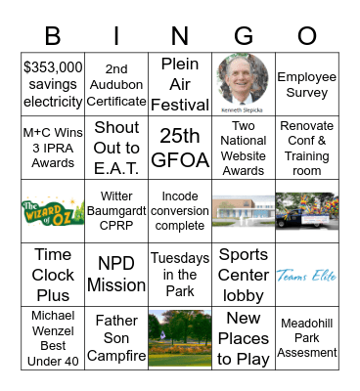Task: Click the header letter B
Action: pyautogui.click(x=53, y=35)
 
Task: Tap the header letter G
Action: pyautogui.click(x=243, y=35)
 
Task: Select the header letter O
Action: pyautogui.click(x=307, y=35)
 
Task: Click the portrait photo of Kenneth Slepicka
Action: pyautogui.click(x=243, y=79)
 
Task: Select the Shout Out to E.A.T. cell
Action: pyautogui.click(x=115, y=147)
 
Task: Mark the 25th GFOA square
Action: pyautogui.click(x=179, y=147)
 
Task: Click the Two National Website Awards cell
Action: pyautogui.click(x=243, y=147)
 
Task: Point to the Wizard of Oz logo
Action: pyautogui.click(x=52, y=211)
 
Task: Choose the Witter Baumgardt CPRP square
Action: pyautogui.click(x=115, y=211)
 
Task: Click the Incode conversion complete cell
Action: pyautogui.click(x=179, y=211)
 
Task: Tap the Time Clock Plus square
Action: pyautogui.click(x=52, y=275)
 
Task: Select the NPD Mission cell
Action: pyautogui.click(x=115, y=275)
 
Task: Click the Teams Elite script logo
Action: pyautogui.click(x=306, y=276)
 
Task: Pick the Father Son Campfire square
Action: pyautogui.click(x=115, y=338)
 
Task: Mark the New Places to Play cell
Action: pyautogui.click(x=243, y=338)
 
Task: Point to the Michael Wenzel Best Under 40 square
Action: pyautogui.click(x=52, y=338)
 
